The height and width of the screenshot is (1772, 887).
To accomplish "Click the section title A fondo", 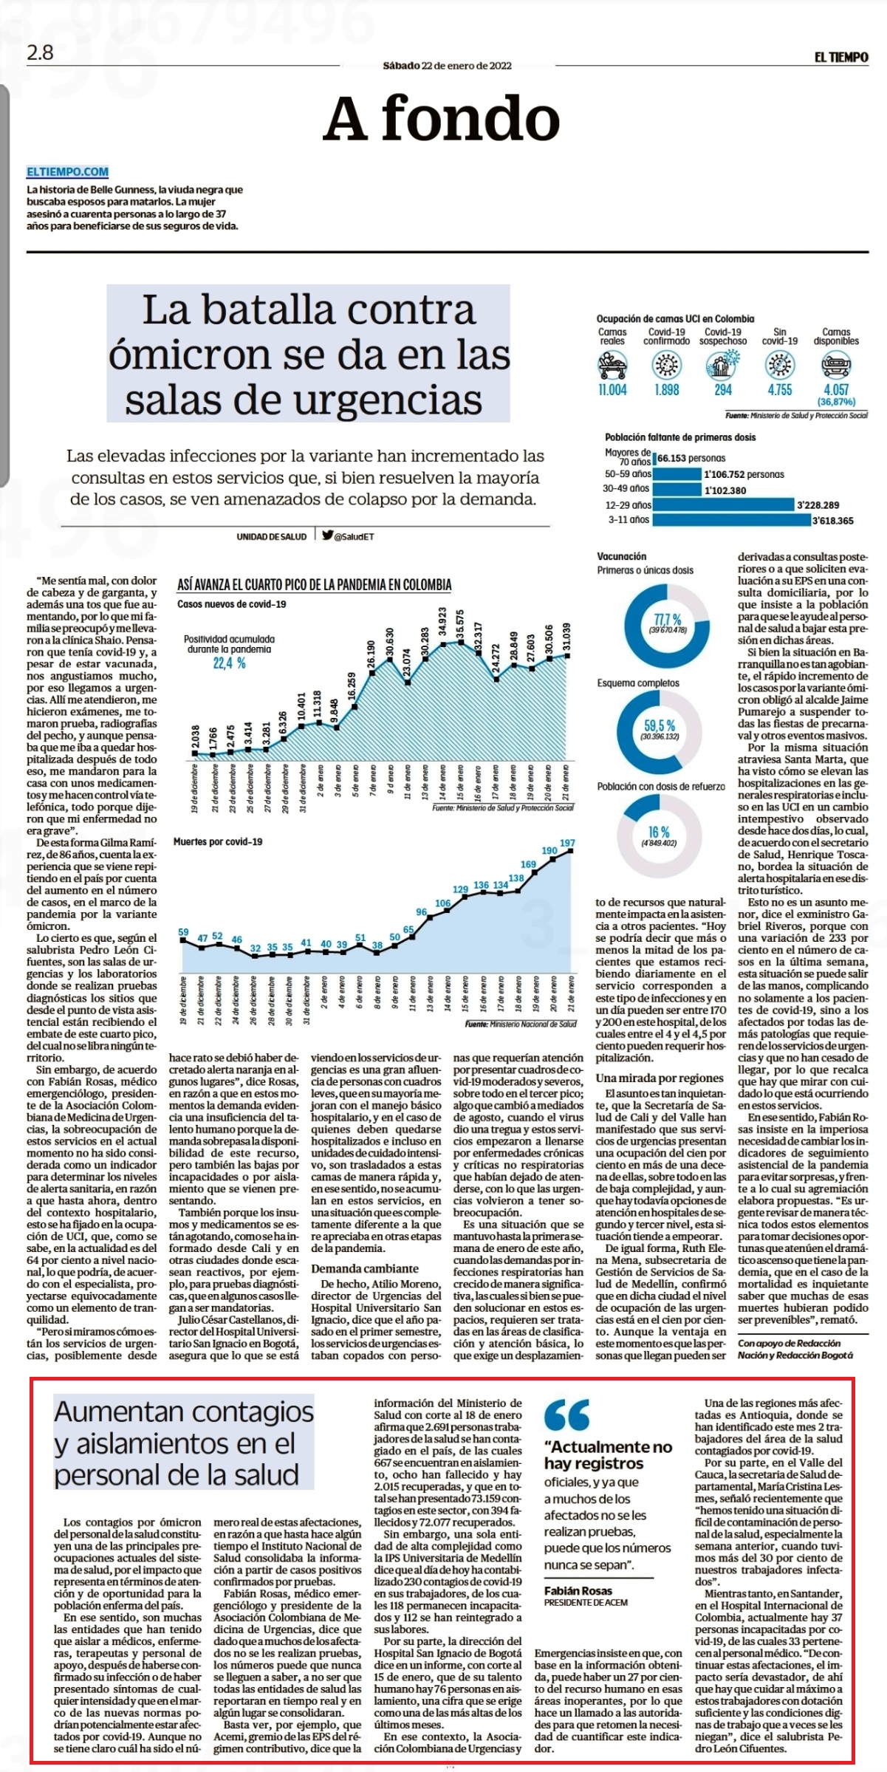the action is pyautogui.click(x=442, y=119).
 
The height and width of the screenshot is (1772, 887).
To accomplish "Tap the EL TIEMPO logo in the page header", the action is pyautogui.click(x=841, y=57).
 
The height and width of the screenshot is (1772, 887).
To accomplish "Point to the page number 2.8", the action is pyautogui.click(x=40, y=52).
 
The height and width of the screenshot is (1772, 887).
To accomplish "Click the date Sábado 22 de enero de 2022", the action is pyautogui.click(x=447, y=65).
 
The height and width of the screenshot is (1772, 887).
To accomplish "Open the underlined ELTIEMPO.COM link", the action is pyautogui.click(x=67, y=172).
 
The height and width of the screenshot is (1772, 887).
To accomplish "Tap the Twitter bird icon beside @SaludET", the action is pyautogui.click(x=327, y=536).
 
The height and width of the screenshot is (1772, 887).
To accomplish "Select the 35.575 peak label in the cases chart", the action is pyautogui.click(x=461, y=626).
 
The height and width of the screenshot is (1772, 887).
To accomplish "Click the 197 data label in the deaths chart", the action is pyautogui.click(x=567, y=843).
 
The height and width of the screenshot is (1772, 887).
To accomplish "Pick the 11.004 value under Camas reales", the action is pyautogui.click(x=612, y=390).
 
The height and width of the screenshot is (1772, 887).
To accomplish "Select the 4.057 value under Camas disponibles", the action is pyautogui.click(x=836, y=390).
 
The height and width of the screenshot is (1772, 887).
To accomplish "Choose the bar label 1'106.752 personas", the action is pyautogui.click(x=744, y=474).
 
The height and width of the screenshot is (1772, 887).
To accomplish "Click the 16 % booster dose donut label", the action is pyautogui.click(x=659, y=832).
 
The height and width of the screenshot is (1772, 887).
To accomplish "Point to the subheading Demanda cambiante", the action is pyautogui.click(x=365, y=1268).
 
